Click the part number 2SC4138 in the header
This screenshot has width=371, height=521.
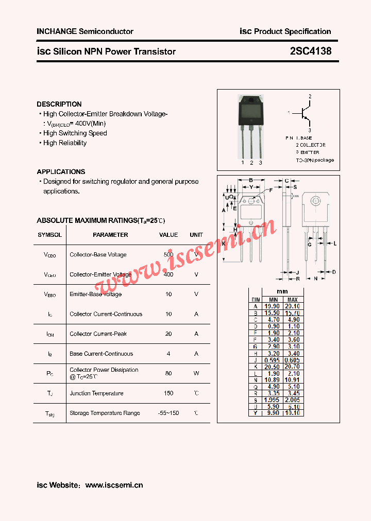click(x=311, y=51)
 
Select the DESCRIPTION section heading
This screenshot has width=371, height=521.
click(x=59, y=104)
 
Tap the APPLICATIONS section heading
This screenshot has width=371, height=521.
click(x=61, y=171)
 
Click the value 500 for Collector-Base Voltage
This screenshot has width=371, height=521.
click(x=168, y=255)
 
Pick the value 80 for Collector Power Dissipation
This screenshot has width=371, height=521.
click(x=168, y=373)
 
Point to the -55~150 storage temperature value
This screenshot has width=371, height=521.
click(x=168, y=413)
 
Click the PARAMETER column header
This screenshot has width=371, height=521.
click(x=110, y=235)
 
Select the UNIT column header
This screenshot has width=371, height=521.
click(x=196, y=235)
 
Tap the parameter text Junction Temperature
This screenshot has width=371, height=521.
click(x=96, y=393)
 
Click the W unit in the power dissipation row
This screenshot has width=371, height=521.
click(x=196, y=373)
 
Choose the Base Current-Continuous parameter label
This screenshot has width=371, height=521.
click(x=101, y=354)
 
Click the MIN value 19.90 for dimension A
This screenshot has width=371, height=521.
click(x=273, y=306)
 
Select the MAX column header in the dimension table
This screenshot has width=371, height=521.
click(x=292, y=300)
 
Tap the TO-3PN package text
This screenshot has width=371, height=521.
click(x=315, y=160)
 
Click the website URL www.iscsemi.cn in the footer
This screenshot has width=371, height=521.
click(x=114, y=485)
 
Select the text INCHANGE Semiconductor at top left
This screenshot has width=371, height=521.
click(x=85, y=31)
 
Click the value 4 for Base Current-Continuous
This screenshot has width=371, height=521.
click(x=168, y=354)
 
